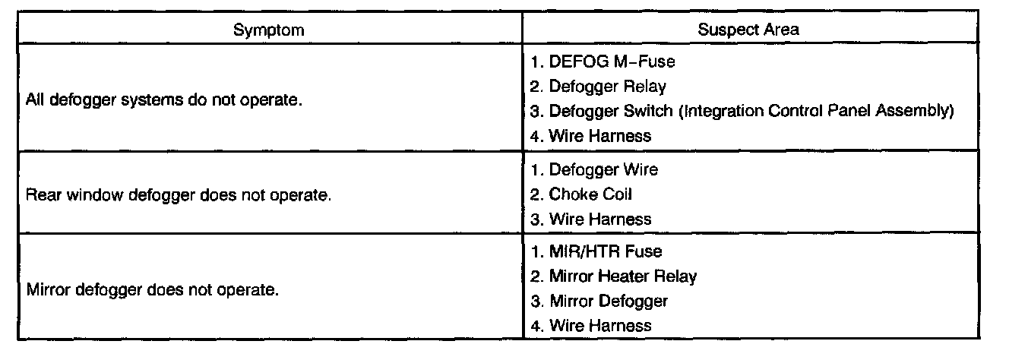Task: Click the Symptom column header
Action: pyautogui.click(x=269, y=30)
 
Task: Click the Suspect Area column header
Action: pyautogui.click(x=748, y=30)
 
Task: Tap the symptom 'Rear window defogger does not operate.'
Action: pyautogui.click(x=179, y=194)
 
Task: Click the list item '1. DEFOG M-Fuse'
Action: pyautogui.click(x=602, y=62)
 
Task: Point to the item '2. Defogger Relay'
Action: pyautogui.click(x=598, y=86)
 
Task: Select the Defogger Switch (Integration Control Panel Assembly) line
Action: pyautogui.click(x=742, y=111)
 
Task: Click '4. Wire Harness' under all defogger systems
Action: pyautogui.click(x=590, y=136)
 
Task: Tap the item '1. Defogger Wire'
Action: pyautogui.click(x=594, y=169)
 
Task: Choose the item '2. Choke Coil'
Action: pyautogui.click(x=581, y=194)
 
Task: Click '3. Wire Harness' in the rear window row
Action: pyautogui.click(x=590, y=219)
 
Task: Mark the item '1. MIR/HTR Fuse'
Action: pyautogui.click(x=596, y=251)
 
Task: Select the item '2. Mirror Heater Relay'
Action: pyautogui.click(x=613, y=276)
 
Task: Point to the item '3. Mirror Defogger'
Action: pyautogui.click(x=599, y=301)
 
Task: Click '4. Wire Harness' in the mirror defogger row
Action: pyautogui.click(x=590, y=326)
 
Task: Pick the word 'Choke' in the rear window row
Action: pyautogui.click(x=570, y=194)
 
